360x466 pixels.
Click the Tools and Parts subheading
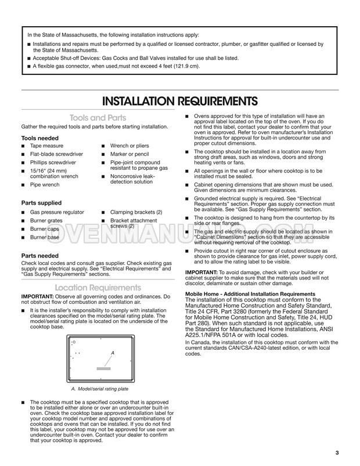pos(89,117)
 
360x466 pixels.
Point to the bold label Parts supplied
pos(41,203)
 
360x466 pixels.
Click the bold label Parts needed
pos(39,255)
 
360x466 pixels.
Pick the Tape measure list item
pos(47,146)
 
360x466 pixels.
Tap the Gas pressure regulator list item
pos(57,212)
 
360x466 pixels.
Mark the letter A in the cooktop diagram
pos(112,353)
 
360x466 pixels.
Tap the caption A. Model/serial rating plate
pos(100,389)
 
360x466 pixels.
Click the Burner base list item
pos(45,238)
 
